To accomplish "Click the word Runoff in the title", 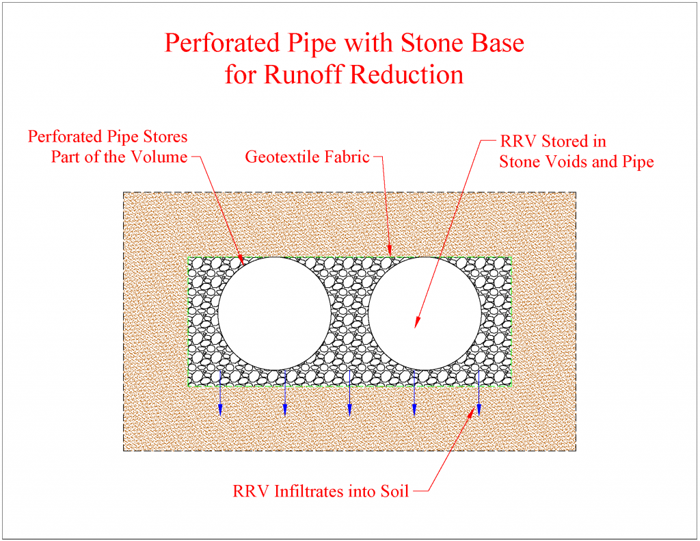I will point(304,74).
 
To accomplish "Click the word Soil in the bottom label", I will point(394,491).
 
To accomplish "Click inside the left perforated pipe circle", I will point(274,313).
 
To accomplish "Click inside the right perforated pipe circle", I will point(425,313).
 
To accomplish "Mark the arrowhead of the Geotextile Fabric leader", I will point(390,254).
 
